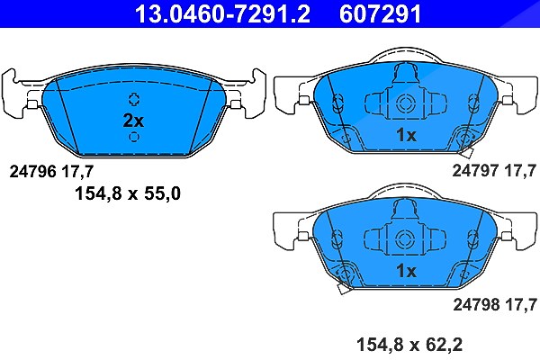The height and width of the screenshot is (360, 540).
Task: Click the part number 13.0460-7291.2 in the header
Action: [222, 13]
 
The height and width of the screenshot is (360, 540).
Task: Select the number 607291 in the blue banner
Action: [380, 13]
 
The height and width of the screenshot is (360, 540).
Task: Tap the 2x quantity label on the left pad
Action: [133, 121]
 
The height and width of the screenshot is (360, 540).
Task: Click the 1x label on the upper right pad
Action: [407, 135]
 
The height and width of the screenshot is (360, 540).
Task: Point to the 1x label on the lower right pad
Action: [407, 271]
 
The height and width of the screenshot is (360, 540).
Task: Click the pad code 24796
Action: [32, 171]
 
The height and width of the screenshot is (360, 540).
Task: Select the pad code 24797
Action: [475, 170]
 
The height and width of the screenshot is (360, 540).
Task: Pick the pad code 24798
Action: [476, 304]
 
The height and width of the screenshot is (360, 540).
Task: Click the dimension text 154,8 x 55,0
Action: [128, 193]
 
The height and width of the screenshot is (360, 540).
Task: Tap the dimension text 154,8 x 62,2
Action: [409, 345]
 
